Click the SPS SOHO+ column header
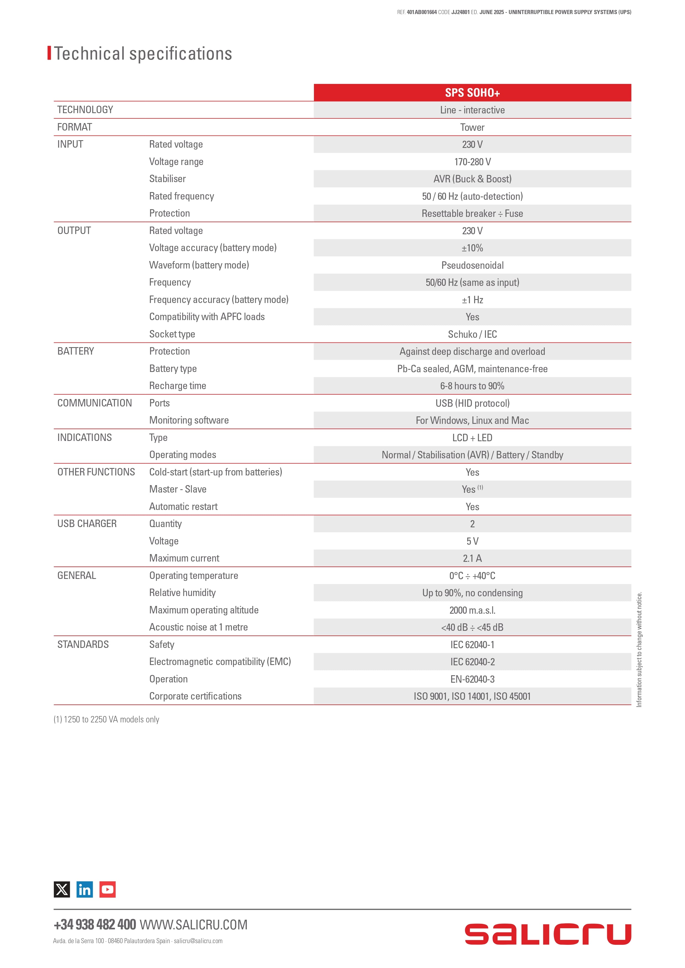(x=472, y=93)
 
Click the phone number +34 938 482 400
(x=95, y=925)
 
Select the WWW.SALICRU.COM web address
(x=193, y=925)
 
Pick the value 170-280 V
(x=472, y=162)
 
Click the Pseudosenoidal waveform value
(x=472, y=265)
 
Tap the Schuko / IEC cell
(x=472, y=334)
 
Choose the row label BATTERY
(x=76, y=351)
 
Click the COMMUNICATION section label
(x=94, y=403)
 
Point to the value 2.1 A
(x=472, y=558)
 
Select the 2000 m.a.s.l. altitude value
(x=472, y=610)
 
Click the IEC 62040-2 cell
(x=472, y=662)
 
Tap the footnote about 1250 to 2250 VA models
(x=106, y=719)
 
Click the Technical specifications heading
(x=143, y=54)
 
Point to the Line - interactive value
(x=472, y=110)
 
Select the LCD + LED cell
(x=472, y=438)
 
